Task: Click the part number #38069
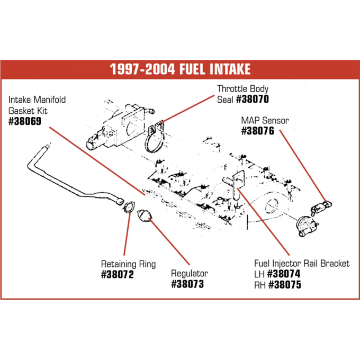[27, 121]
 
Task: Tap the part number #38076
[258, 131]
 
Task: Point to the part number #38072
[118, 275]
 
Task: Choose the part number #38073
[187, 284]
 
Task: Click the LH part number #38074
[285, 274]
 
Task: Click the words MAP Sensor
[265, 121]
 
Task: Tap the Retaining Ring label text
[128, 264]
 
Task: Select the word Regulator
[189, 274]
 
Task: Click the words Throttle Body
[242, 88]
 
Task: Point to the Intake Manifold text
[37, 100]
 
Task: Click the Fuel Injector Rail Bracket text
[302, 264]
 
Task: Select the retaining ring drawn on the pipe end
[128, 206]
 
